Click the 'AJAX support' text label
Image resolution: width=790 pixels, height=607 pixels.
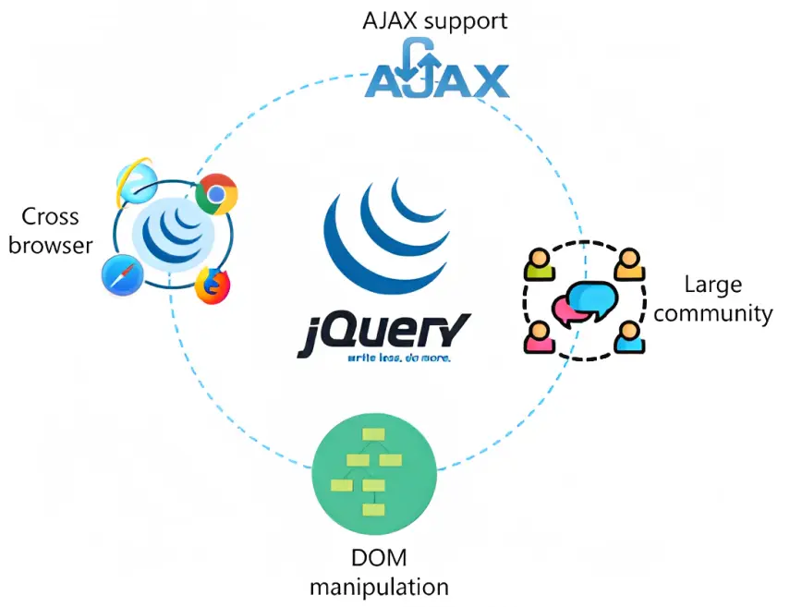coord(435,20)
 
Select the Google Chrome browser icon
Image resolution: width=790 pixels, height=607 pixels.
coord(217,193)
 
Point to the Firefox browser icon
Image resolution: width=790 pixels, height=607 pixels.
coord(213,284)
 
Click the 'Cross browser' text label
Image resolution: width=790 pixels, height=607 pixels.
coord(51,231)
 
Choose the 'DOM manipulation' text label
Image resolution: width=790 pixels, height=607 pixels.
coord(379,573)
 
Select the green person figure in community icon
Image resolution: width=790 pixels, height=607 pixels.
coord(538,264)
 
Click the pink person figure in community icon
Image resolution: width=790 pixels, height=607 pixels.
coord(537,337)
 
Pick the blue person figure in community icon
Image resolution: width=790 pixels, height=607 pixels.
coord(628,337)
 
